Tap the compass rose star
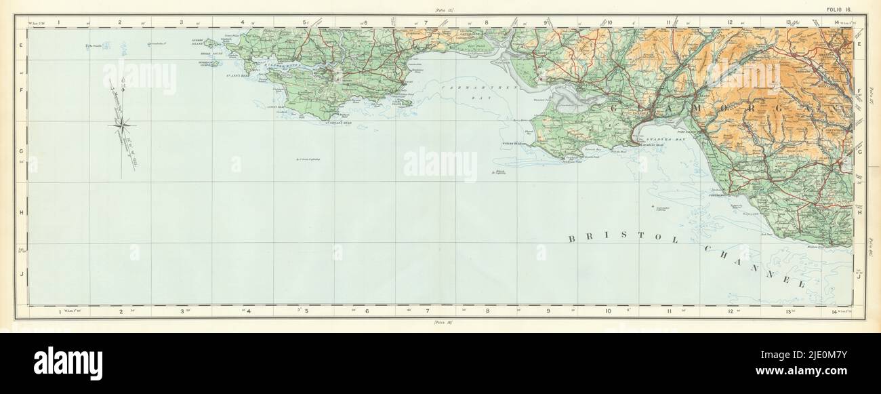click(121, 123)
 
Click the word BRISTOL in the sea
click(617, 238)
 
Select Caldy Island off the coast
click(405, 103)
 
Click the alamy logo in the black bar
click(68, 363)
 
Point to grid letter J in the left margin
click(22, 274)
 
